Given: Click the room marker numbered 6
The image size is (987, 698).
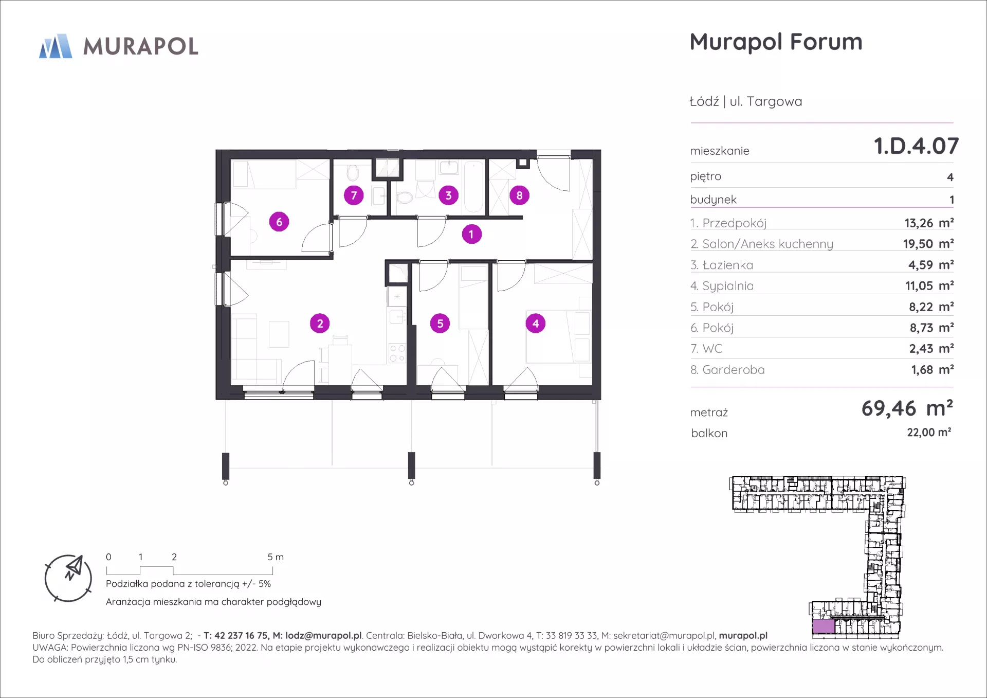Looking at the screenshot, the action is pyautogui.click(x=279, y=222).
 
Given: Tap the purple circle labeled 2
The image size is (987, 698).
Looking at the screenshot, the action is pyautogui.click(x=320, y=324).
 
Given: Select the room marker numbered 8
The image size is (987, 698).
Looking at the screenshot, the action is pyautogui.click(x=519, y=195).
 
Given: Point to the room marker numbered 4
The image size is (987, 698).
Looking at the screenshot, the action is pyautogui.click(x=536, y=324).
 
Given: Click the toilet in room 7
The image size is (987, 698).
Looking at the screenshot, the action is pyautogui.click(x=353, y=172).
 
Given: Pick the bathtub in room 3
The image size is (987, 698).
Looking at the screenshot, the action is pyautogui.click(x=474, y=187).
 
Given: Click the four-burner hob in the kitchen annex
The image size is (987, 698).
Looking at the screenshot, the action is pyautogui.click(x=397, y=353).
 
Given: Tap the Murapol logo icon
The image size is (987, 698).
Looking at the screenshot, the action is pyautogui.click(x=56, y=46).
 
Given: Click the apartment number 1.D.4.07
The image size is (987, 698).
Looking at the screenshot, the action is pyautogui.click(x=916, y=146).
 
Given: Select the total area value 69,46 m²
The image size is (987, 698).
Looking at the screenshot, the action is pyautogui.click(x=907, y=408).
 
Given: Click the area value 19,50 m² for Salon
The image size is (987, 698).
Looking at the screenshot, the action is pyautogui.click(x=928, y=244).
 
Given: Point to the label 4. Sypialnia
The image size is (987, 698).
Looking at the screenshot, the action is pyautogui.click(x=722, y=286).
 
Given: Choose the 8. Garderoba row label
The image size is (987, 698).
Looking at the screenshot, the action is pyautogui.click(x=727, y=370).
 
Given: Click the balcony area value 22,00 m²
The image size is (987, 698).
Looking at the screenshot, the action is pyautogui.click(x=929, y=433).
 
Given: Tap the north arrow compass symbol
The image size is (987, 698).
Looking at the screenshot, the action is pyautogui.click(x=68, y=578).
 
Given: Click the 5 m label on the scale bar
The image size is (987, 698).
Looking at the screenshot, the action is pyautogui.click(x=276, y=557).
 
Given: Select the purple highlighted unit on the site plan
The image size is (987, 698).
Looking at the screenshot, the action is pyautogui.click(x=824, y=627).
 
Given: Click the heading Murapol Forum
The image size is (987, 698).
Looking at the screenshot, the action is pyautogui.click(x=776, y=42).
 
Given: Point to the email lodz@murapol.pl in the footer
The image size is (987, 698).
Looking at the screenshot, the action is pyautogui.click(x=324, y=636).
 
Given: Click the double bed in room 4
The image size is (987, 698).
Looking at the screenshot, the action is pyautogui.click(x=558, y=337).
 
